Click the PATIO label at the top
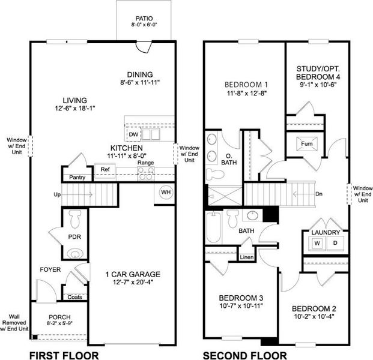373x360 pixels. tap(144, 19)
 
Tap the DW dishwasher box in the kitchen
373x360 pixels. tap(133, 134)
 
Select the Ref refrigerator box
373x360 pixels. tap(105, 170)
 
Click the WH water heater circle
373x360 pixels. tap(165, 192)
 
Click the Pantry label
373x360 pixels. tap(77, 177)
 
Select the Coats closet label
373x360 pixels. tap(75, 297)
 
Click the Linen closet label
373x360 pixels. tap(246, 258)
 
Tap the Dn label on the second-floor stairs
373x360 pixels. tap(320, 194)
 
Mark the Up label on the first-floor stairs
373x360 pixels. tap(58, 194)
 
